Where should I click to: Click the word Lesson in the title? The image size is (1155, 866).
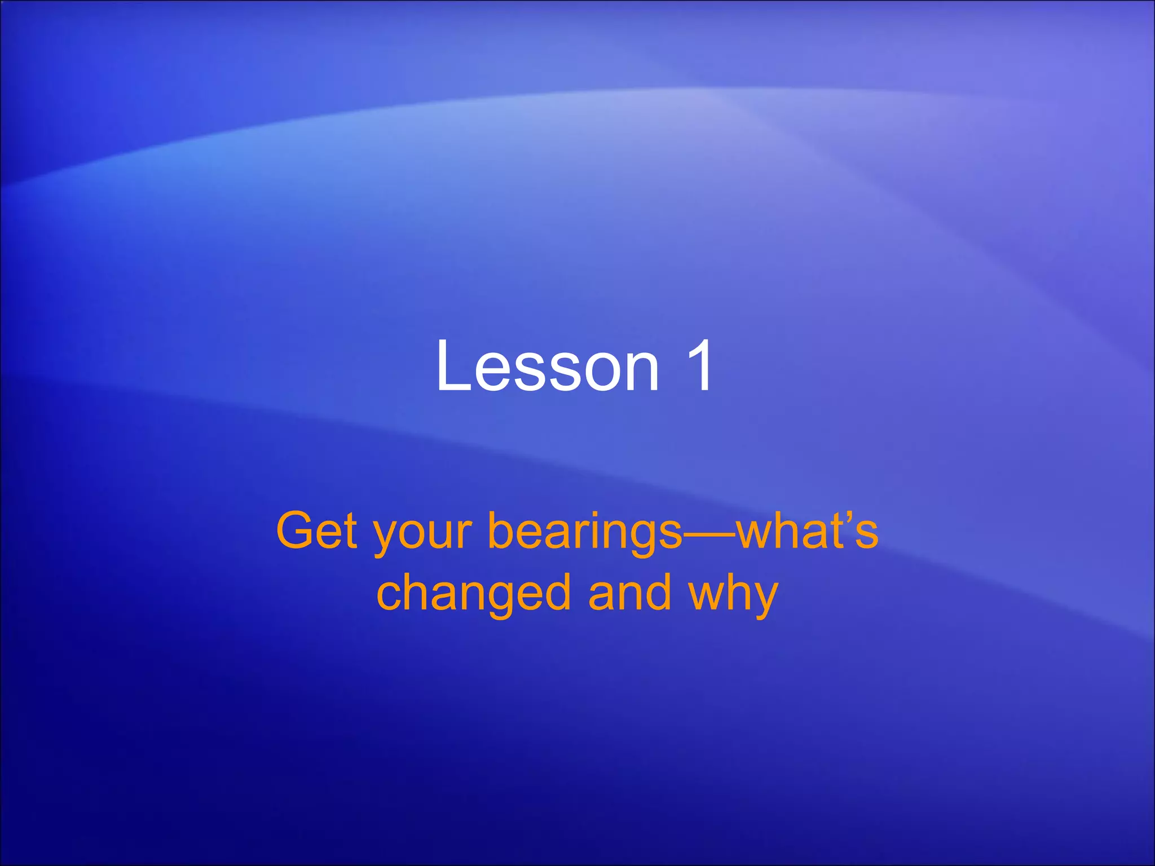click(547, 366)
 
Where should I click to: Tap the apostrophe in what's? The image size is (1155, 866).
click(848, 516)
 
